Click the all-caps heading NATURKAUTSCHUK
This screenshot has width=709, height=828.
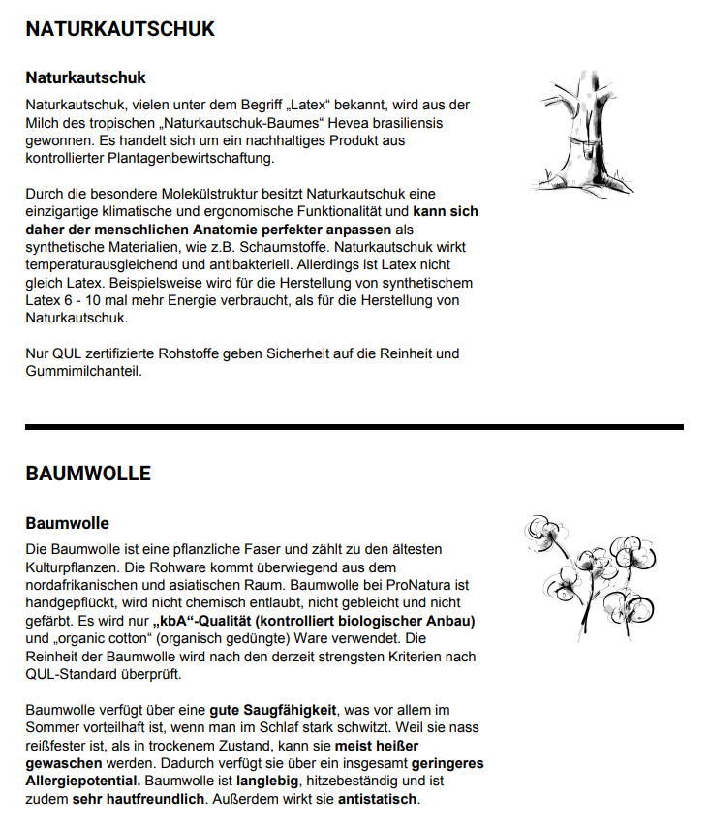[120, 29]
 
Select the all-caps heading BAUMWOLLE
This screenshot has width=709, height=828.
[88, 474]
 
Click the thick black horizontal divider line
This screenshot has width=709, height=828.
[354, 426]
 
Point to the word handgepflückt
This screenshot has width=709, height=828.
[71, 602]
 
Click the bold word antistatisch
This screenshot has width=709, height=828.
[378, 799]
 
